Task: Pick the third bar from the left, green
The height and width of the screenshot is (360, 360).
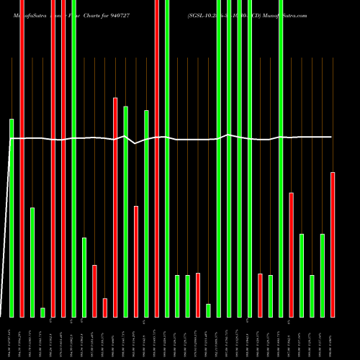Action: (x=32, y=262)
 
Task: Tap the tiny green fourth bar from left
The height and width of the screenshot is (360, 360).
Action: (x=42, y=312)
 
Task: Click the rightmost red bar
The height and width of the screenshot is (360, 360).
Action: (x=333, y=245)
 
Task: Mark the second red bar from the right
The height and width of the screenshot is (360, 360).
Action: (x=291, y=255)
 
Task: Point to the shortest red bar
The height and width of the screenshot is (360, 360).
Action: (x=104, y=307)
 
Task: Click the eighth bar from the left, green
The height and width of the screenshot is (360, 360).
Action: (x=84, y=277)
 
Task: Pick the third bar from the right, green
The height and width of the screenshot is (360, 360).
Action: (x=312, y=296)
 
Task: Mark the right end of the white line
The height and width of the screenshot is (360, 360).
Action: (x=332, y=137)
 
